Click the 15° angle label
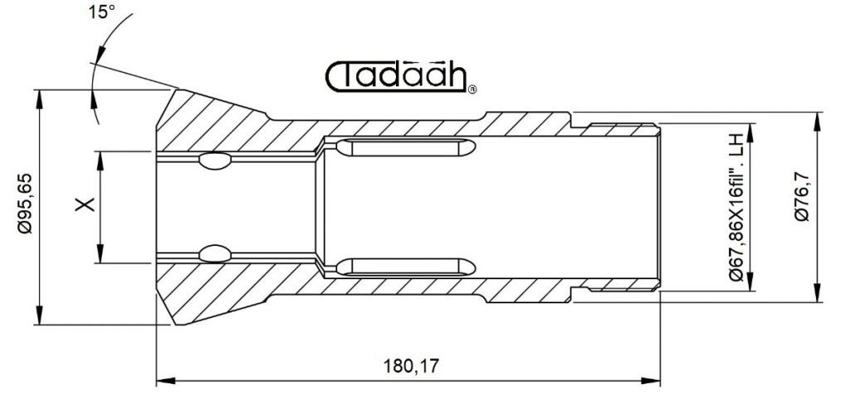pos(101,12)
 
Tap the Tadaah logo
pos(398,77)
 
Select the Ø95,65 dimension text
pos(24,204)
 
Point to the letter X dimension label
pos(85,204)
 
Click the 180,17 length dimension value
pos(411,366)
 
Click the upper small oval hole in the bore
pos(215,160)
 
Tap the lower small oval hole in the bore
pos(215,253)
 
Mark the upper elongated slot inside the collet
pos(405,146)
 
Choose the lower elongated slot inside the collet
pos(405,267)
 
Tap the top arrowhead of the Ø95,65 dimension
pos(38,100)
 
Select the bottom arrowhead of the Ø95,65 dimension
pos(38,315)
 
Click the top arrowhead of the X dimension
pos(100,161)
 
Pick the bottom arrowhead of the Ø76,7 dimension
pos(817,293)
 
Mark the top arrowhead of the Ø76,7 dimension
pos(817,121)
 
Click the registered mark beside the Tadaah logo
pos(472,90)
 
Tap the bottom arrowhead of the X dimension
pos(100,253)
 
